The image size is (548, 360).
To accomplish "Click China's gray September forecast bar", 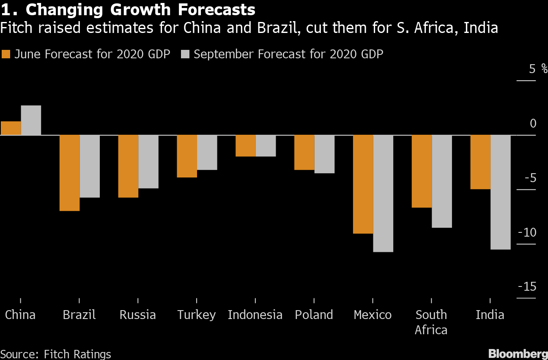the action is tap(31, 120).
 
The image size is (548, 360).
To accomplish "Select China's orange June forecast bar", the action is tap(11, 128).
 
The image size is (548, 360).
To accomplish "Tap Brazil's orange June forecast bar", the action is tap(69, 173).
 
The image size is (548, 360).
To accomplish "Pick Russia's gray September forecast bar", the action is tap(148, 161).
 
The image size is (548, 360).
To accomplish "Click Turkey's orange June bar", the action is tap(187, 156).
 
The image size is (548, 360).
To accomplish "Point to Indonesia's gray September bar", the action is tap(266, 146).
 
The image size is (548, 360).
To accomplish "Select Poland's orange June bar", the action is tap(304, 153).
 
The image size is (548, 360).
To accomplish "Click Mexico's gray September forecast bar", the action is tap(383, 194).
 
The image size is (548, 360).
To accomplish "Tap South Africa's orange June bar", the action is tap(422, 171).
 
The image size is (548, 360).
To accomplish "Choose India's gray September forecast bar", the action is tap(501, 192).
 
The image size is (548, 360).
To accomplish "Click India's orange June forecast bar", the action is tap(480, 162).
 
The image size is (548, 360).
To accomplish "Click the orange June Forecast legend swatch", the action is tap(6, 54).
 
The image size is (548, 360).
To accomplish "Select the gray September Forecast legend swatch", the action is tap(185, 54).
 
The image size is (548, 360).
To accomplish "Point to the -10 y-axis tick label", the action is tap(527, 232).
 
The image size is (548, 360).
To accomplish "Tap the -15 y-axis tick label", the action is tap(527, 286).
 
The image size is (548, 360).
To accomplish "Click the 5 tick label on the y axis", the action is tap(532, 69).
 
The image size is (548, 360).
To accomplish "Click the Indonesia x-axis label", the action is tap(255, 315).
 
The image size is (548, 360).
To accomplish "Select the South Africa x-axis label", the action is tap(431, 322).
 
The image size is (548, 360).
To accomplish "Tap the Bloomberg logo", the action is tap(518, 354).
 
